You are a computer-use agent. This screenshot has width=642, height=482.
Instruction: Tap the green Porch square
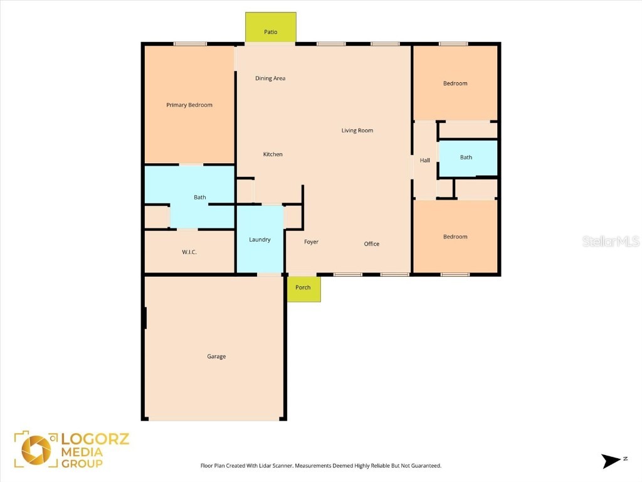pyautogui.click(x=304, y=289)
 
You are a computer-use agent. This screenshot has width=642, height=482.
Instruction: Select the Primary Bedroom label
pyautogui.click(x=189, y=105)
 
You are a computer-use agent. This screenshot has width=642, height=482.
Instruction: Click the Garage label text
pyautogui.click(x=216, y=356)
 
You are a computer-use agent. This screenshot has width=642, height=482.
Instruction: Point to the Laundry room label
pyautogui.click(x=260, y=240)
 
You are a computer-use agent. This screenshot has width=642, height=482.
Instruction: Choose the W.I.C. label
pyautogui.click(x=189, y=252)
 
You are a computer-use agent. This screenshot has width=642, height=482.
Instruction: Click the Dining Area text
pyautogui.click(x=270, y=78)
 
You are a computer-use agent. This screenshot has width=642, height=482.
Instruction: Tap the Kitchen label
pyautogui.click(x=273, y=154)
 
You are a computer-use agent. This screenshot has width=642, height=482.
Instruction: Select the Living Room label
pyautogui.click(x=357, y=131)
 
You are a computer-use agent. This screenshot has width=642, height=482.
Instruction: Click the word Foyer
pyautogui.click(x=311, y=242)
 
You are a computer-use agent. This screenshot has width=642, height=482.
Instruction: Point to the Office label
pyautogui.click(x=372, y=244)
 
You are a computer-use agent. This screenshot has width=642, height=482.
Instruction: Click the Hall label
pyautogui.click(x=425, y=161)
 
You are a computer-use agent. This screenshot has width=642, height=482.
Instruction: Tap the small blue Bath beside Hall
pyautogui.click(x=466, y=158)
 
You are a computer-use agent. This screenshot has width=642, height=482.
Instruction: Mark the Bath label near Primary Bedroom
pyautogui.click(x=199, y=197)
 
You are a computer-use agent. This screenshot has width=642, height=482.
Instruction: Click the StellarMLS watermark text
pyautogui.click(x=610, y=241)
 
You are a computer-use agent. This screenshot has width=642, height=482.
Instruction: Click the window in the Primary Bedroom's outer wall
pyautogui.click(x=191, y=43)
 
